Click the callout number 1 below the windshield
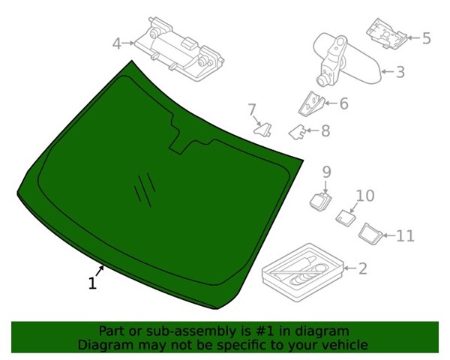pos(92,283)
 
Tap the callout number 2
pos(363,268)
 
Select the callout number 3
pos(400,72)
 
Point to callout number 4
pos(117,44)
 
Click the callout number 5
pos(427,38)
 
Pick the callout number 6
pos(343,103)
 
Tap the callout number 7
pos(251,109)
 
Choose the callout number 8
pos(325,131)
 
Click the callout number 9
pos(326,172)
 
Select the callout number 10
pos(365,196)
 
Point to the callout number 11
pos(405,236)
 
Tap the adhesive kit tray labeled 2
pos(303,272)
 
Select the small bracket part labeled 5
pos(386,34)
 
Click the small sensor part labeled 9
pos(320,201)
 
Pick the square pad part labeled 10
pos(346,217)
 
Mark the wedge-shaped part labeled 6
pos(311,104)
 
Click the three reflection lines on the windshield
pos(145,190)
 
